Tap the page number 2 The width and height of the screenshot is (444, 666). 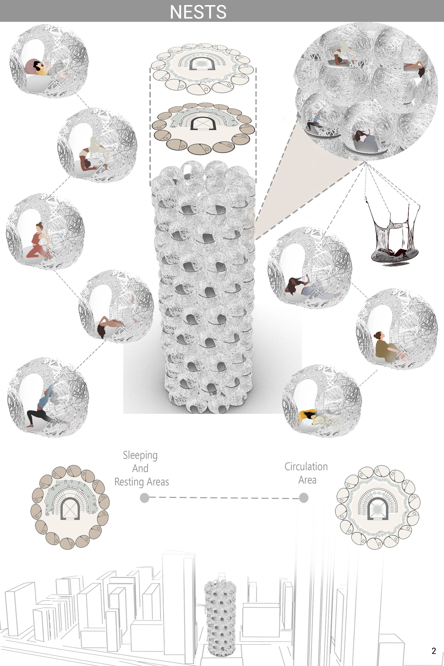(x=434, y=651)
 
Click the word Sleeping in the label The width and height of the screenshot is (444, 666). (x=140, y=455)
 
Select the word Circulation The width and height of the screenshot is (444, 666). (x=306, y=466)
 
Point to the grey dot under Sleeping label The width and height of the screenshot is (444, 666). (x=145, y=498)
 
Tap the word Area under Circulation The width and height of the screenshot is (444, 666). (x=307, y=480)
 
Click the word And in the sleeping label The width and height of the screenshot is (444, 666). (x=140, y=468)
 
